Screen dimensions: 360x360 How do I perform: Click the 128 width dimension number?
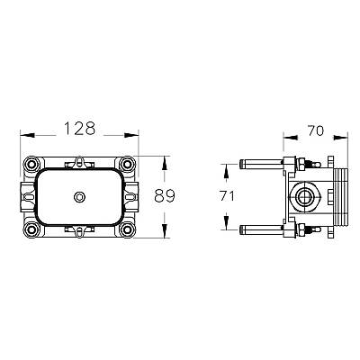[x=80, y=128]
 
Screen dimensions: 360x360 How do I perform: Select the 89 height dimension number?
[x=165, y=196]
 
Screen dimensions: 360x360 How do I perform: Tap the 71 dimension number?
[x=227, y=196]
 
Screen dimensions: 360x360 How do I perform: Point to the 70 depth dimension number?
[x=315, y=130]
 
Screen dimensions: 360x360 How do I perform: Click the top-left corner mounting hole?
[x=31, y=164]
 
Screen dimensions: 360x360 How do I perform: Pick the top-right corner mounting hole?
[x=127, y=164]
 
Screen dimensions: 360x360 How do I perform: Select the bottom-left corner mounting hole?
[x=31, y=229]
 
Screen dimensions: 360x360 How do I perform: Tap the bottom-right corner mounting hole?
[x=127, y=229]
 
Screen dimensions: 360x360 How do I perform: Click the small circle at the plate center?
[x=79, y=197]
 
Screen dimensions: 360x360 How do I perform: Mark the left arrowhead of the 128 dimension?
[x=27, y=135]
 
